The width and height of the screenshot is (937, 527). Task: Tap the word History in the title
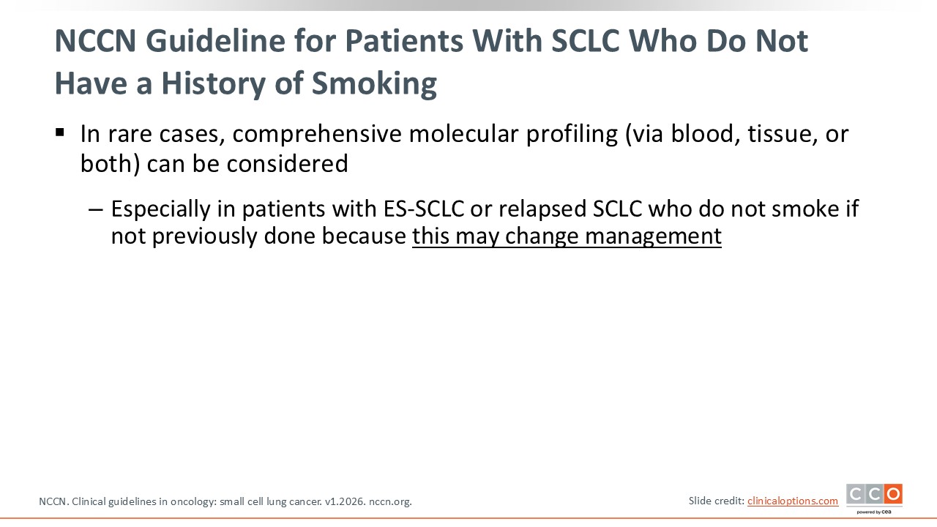[x=213, y=83]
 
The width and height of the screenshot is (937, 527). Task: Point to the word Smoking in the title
[x=374, y=83]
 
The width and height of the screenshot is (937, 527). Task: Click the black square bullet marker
[x=60, y=133]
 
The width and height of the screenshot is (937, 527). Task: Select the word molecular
[x=463, y=134]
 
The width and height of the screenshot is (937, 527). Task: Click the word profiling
[x=572, y=134]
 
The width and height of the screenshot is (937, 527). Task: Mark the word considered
[x=288, y=163]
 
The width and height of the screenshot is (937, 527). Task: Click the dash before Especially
[x=96, y=209]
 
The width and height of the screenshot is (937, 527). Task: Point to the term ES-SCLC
[x=424, y=209]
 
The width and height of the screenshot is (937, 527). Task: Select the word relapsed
[x=542, y=209]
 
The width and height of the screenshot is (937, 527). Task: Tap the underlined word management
[x=653, y=236]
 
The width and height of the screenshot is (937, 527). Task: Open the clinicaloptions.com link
[x=793, y=501]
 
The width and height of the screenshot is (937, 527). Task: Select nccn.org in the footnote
[x=390, y=501]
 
